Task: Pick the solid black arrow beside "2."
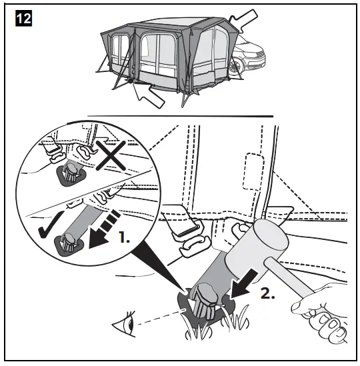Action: point(236,278)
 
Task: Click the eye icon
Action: point(123,327)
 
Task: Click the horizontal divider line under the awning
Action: point(180,117)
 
